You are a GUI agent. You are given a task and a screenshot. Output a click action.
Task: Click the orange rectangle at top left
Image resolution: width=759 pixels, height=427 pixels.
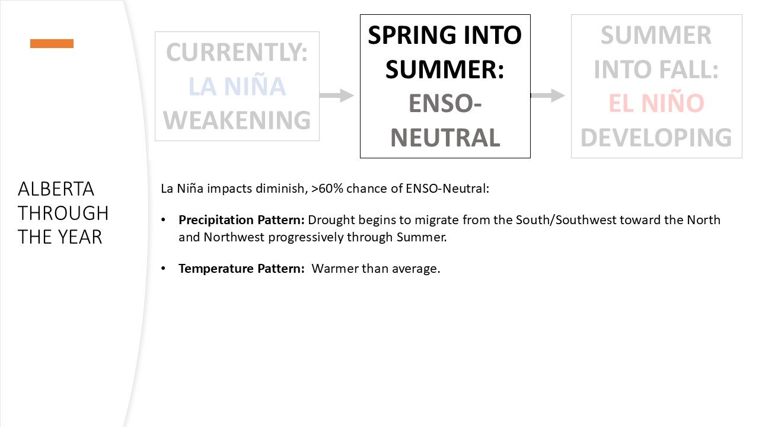(x=52, y=43)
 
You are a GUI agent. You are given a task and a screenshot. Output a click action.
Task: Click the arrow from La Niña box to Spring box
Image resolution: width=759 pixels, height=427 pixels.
(x=337, y=95)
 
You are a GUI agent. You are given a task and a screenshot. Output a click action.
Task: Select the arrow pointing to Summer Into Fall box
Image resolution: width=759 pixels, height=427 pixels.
(x=548, y=95)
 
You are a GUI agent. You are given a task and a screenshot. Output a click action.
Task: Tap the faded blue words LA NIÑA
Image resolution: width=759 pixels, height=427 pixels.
(x=237, y=87)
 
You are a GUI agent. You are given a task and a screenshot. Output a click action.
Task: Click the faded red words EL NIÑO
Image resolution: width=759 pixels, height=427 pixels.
(x=656, y=103)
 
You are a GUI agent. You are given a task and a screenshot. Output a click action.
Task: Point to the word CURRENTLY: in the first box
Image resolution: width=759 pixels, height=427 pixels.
(x=237, y=53)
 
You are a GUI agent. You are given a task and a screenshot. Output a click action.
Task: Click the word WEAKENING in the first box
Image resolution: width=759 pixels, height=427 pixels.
(x=237, y=120)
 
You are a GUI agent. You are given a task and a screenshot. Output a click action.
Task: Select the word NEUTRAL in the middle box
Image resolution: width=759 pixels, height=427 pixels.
(x=445, y=138)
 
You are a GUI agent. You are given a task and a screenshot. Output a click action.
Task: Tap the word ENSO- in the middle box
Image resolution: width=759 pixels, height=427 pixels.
(x=445, y=104)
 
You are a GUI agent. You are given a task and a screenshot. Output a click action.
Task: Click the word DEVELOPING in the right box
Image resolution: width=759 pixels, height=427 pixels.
(x=656, y=138)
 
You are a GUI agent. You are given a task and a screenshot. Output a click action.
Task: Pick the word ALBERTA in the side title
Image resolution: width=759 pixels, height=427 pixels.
(x=56, y=189)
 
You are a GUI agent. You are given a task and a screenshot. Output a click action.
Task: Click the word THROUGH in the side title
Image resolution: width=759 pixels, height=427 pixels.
(x=63, y=213)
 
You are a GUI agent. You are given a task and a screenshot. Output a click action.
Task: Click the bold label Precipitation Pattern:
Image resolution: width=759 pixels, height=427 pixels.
(x=241, y=220)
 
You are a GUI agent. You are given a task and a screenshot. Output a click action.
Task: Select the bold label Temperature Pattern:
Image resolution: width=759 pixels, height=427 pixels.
(x=241, y=269)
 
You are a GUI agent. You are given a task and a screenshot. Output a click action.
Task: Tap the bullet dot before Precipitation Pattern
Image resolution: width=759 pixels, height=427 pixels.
(x=164, y=220)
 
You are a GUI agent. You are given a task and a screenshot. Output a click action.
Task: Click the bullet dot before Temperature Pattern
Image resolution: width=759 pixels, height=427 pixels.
(x=164, y=269)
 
